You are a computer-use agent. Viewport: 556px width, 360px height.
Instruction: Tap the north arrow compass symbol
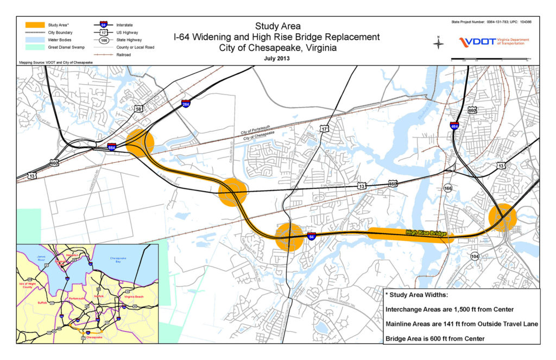point(439,43)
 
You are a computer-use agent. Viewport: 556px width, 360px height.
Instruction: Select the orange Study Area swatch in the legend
point(34,24)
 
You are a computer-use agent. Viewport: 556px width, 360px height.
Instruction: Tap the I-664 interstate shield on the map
point(111,147)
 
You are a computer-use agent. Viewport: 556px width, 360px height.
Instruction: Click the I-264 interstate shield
point(186,103)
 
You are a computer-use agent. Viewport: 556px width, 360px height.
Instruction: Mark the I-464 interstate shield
point(453,126)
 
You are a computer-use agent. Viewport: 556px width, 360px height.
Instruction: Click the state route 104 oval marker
point(475,256)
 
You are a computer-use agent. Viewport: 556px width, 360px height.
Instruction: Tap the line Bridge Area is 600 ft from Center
point(434,338)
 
